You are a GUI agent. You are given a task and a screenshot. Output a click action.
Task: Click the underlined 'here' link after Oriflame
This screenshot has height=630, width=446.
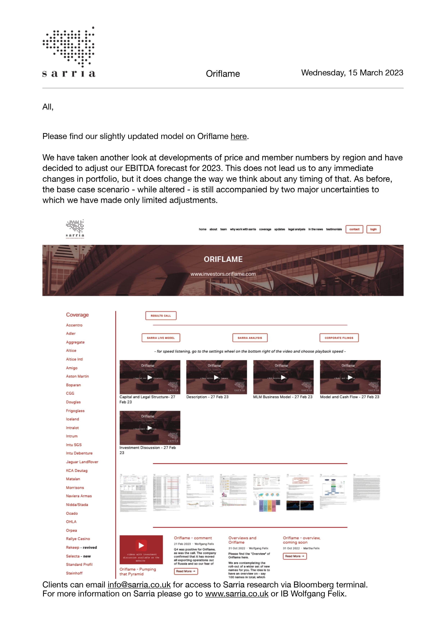click(238, 136)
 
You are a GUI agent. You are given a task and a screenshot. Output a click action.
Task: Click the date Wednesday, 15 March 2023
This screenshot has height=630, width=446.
click(352, 73)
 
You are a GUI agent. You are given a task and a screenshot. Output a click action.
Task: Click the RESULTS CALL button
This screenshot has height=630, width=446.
click(161, 316)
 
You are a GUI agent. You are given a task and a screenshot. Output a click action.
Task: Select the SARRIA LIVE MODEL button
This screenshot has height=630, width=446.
click(161, 338)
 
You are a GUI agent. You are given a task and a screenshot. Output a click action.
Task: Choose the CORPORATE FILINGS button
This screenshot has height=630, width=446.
click(339, 338)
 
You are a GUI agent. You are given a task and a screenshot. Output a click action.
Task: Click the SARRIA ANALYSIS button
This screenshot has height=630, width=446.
click(250, 338)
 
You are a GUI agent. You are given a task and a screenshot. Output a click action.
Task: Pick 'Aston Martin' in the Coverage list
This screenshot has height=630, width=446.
click(77, 376)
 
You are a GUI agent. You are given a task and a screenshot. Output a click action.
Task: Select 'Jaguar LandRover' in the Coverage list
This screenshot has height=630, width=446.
click(82, 462)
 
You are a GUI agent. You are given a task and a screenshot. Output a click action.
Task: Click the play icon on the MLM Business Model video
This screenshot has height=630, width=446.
click(283, 377)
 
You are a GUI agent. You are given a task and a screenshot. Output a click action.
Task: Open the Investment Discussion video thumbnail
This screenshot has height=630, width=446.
click(150, 428)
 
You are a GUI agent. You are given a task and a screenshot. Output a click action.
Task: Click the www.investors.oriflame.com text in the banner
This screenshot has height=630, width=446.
click(223, 274)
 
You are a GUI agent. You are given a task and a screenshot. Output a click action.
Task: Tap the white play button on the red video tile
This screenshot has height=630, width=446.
click(141, 545)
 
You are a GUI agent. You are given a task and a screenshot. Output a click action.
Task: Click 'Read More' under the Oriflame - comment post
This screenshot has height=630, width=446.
click(186, 571)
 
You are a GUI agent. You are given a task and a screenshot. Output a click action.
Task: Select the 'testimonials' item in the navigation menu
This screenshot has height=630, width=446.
click(334, 229)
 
